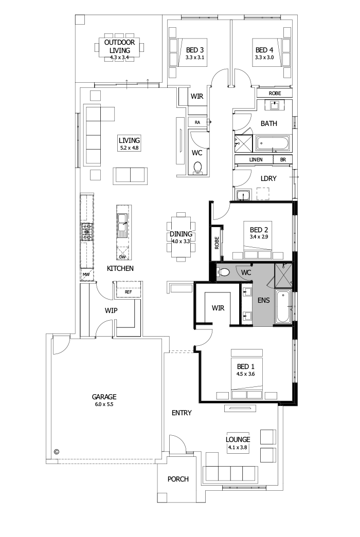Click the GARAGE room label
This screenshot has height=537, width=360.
click(x=104, y=397)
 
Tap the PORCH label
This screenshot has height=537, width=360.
click(x=178, y=479)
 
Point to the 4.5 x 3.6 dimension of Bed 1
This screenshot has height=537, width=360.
click(x=246, y=374)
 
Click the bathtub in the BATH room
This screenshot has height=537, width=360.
click(x=273, y=143)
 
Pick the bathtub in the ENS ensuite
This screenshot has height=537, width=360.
click(x=283, y=307)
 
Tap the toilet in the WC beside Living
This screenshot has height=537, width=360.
click(x=198, y=167)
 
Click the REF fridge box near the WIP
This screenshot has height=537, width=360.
click(x=128, y=292)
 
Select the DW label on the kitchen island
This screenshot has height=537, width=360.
click(x=122, y=257)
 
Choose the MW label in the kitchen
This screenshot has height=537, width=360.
click(x=86, y=275)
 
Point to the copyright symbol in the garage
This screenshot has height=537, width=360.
click(x=57, y=452)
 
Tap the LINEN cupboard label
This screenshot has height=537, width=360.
click(x=256, y=160)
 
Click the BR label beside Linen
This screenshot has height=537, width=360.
click(x=282, y=160)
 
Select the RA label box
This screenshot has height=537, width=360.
click(x=197, y=122)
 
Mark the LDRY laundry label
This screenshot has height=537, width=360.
click(x=269, y=178)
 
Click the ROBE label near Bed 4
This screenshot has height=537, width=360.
click(x=275, y=94)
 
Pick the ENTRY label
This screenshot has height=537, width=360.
click(x=182, y=413)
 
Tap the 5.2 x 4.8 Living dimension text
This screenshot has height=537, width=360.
click(x=129, y=147)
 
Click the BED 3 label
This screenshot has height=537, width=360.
click(x=195, y=50)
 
